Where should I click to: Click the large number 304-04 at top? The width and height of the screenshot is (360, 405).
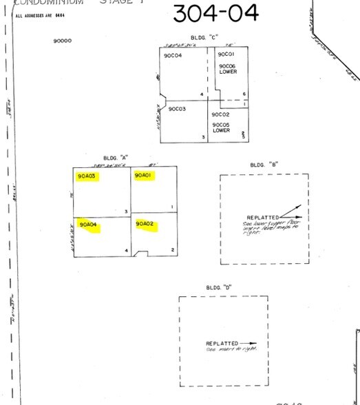[215, 13]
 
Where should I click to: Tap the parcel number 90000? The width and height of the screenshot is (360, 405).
[62, 41]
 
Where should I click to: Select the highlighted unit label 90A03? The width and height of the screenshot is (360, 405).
[88, 176]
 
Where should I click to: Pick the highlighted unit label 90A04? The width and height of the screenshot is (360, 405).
[88, 225]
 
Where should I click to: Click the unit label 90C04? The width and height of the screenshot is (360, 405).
[173, 55]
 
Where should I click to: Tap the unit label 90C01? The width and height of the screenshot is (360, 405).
[226, 54]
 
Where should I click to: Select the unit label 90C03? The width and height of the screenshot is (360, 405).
[177, 109]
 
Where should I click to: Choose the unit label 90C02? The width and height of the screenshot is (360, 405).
[220, 114]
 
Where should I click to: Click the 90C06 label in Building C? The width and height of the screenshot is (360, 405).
[228, 66]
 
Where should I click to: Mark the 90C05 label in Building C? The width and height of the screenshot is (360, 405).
[221, 125]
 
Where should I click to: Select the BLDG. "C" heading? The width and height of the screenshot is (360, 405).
[204, 38]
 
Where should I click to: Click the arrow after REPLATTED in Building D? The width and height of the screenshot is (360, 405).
[248, 344]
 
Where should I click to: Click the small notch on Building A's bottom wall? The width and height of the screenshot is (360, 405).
[141, 254]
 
